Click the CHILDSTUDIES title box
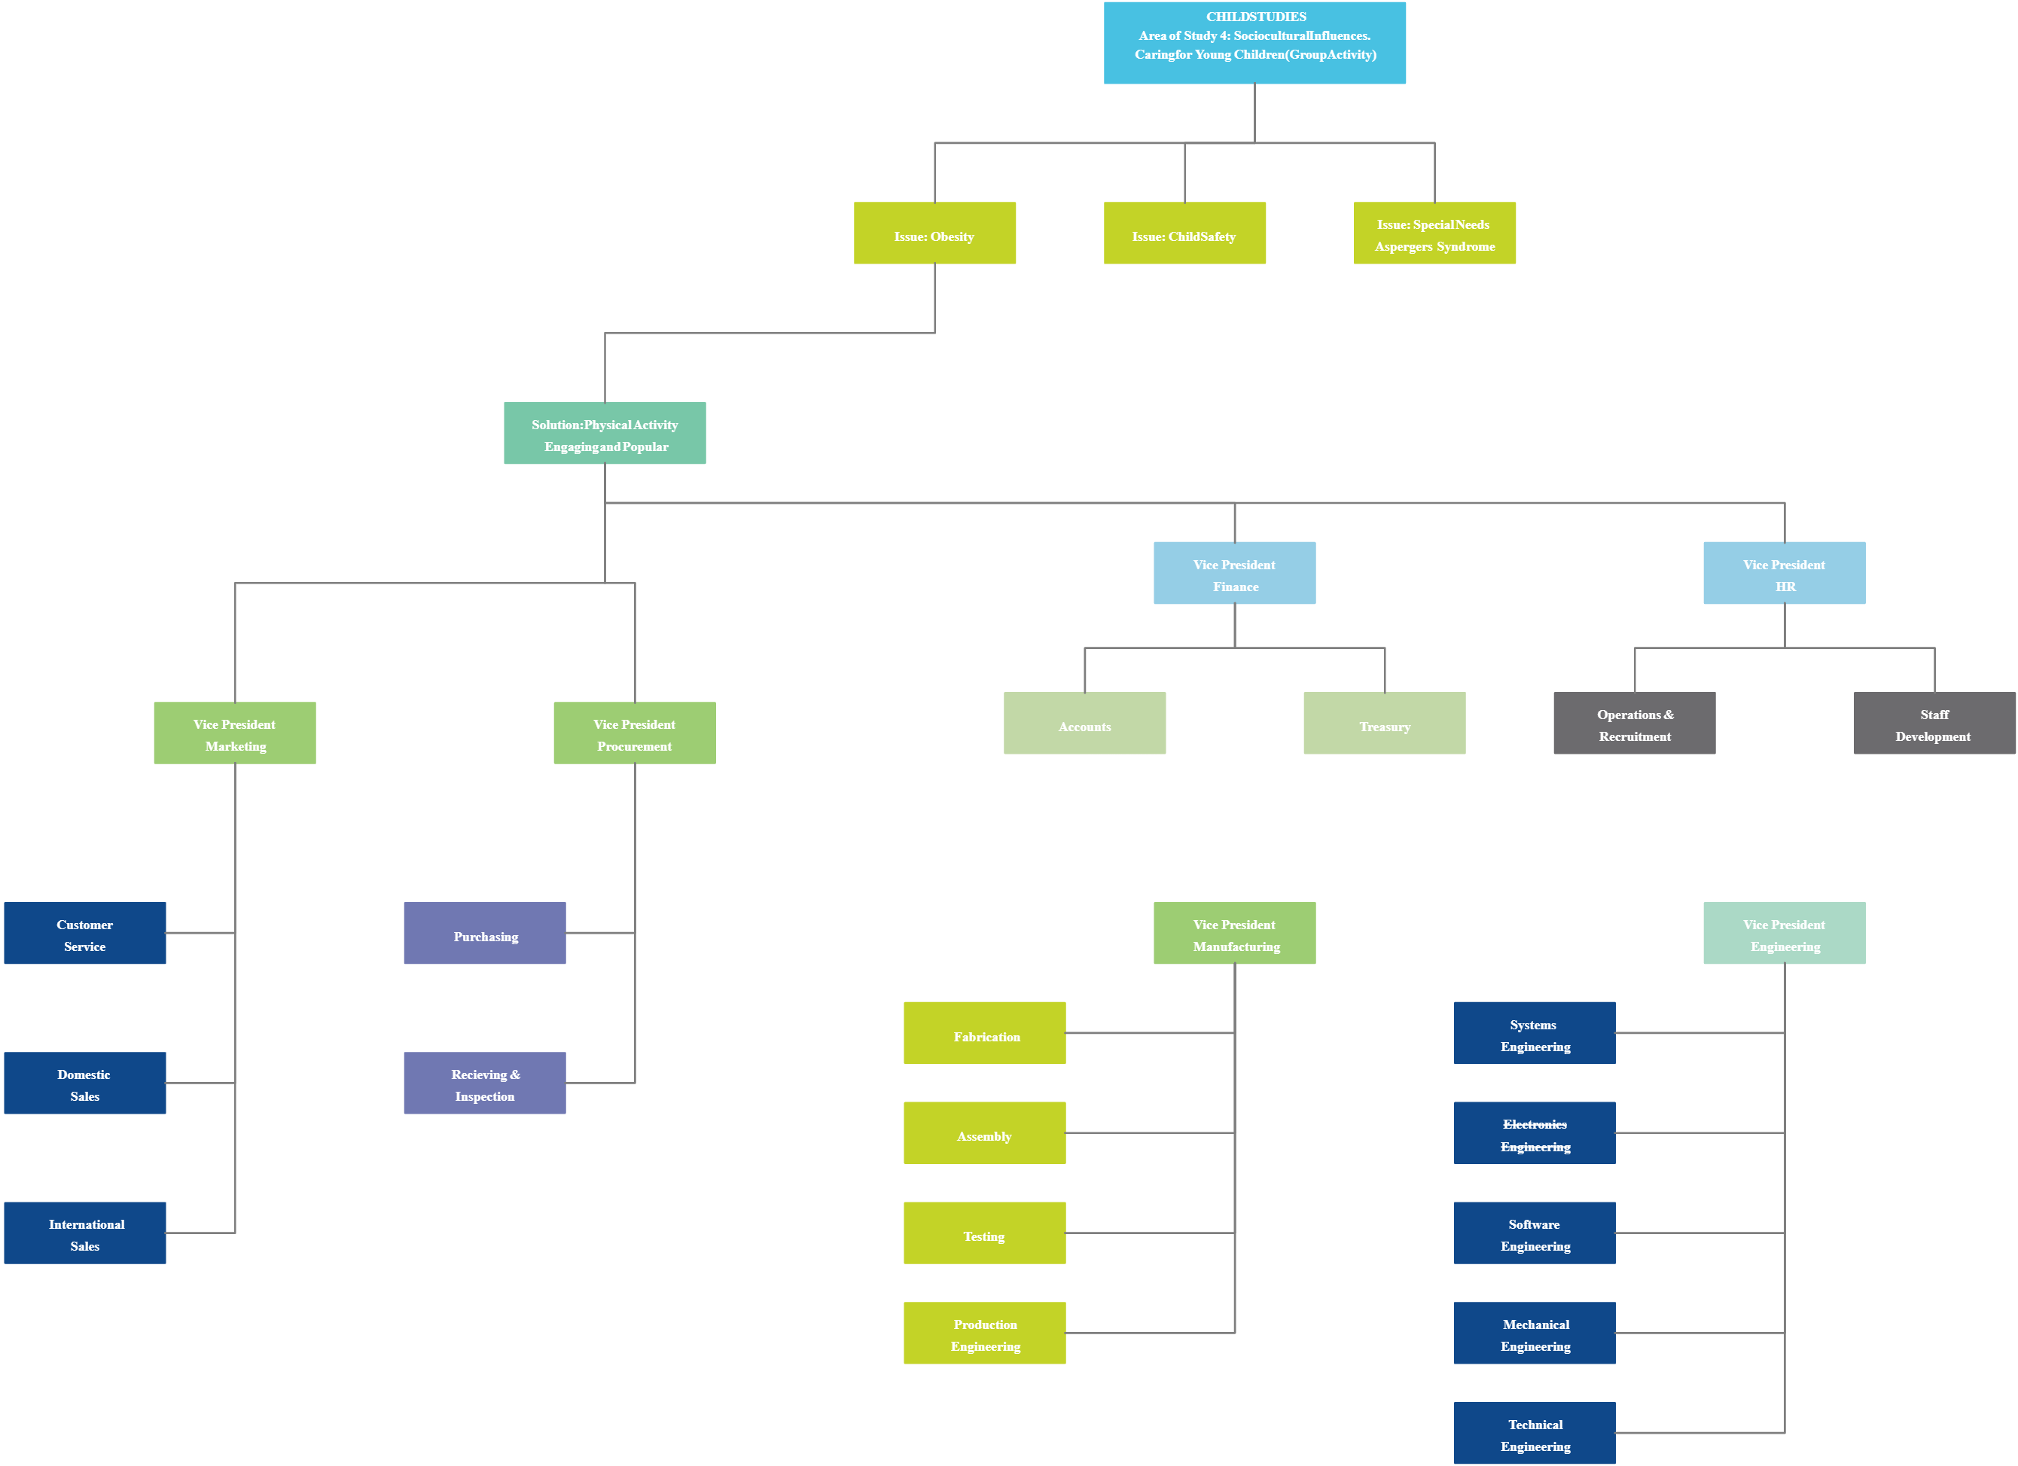[x=1254, y=43]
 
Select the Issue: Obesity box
[x=934, y=233]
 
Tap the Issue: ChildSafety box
[x=1184, y=233]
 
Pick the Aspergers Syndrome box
[x=1434, y=233]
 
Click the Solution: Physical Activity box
[x=605, y=433]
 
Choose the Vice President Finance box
[x=1234, y=573]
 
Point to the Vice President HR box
[x=1784, y=573]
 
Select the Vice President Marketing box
[x=235, y=733]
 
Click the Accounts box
[x=1084, y=724]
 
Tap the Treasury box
[x=1385, y=724]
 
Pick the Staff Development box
[x=1934, y=724]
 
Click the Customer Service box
[x=84, y=933]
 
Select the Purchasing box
[x=485, y=933]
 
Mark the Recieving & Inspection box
[x=485, y=1083]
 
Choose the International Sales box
[x=84, y=1233]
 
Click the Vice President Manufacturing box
[x=1234, y=933]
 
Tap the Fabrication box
[x=984, y=1033]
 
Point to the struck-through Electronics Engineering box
[x=1535, y=1133]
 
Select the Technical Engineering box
[x=1535, y=1433]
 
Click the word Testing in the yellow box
[x=984, y=1236]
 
